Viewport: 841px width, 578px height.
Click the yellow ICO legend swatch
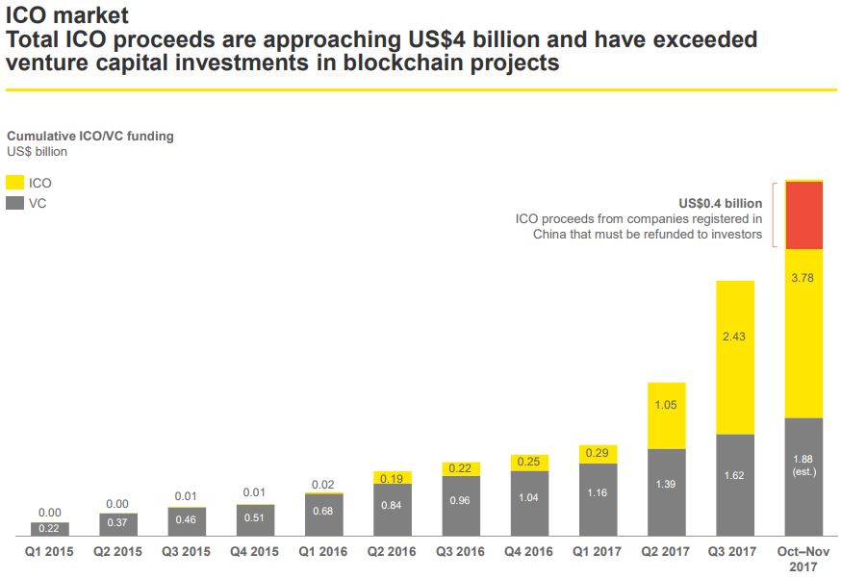point(15,182)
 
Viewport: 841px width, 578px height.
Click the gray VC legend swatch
point(15,203)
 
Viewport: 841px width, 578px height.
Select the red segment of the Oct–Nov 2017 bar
point(804,214)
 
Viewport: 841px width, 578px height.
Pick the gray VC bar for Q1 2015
point(49,528)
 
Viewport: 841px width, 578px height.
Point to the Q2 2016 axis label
point(392,552)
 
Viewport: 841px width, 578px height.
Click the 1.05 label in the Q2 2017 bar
point(666,405)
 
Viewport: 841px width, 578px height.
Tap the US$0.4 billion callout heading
point(720,203)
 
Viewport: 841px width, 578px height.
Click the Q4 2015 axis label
point(255,552)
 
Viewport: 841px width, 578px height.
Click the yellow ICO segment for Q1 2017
point(598,454)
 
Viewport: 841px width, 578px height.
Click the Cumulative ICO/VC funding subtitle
point(90,137)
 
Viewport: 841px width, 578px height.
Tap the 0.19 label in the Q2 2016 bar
point(392,478)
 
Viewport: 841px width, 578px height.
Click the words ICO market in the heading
point(66,15)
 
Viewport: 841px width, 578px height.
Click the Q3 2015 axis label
point(187,552)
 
